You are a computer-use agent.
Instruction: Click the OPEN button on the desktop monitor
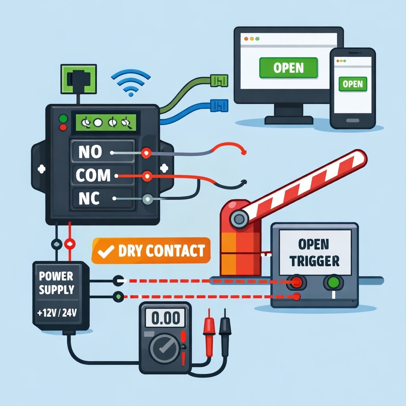[288, 67]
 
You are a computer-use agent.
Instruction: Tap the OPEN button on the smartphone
[352, 84]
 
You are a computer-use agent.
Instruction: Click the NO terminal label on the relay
[90, 152]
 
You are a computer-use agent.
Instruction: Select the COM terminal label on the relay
[92, 175]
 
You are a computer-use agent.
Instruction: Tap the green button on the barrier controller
[333, 283]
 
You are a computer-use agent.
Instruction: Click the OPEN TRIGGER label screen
[315, 252]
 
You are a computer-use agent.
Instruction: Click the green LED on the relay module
[62, 118]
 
